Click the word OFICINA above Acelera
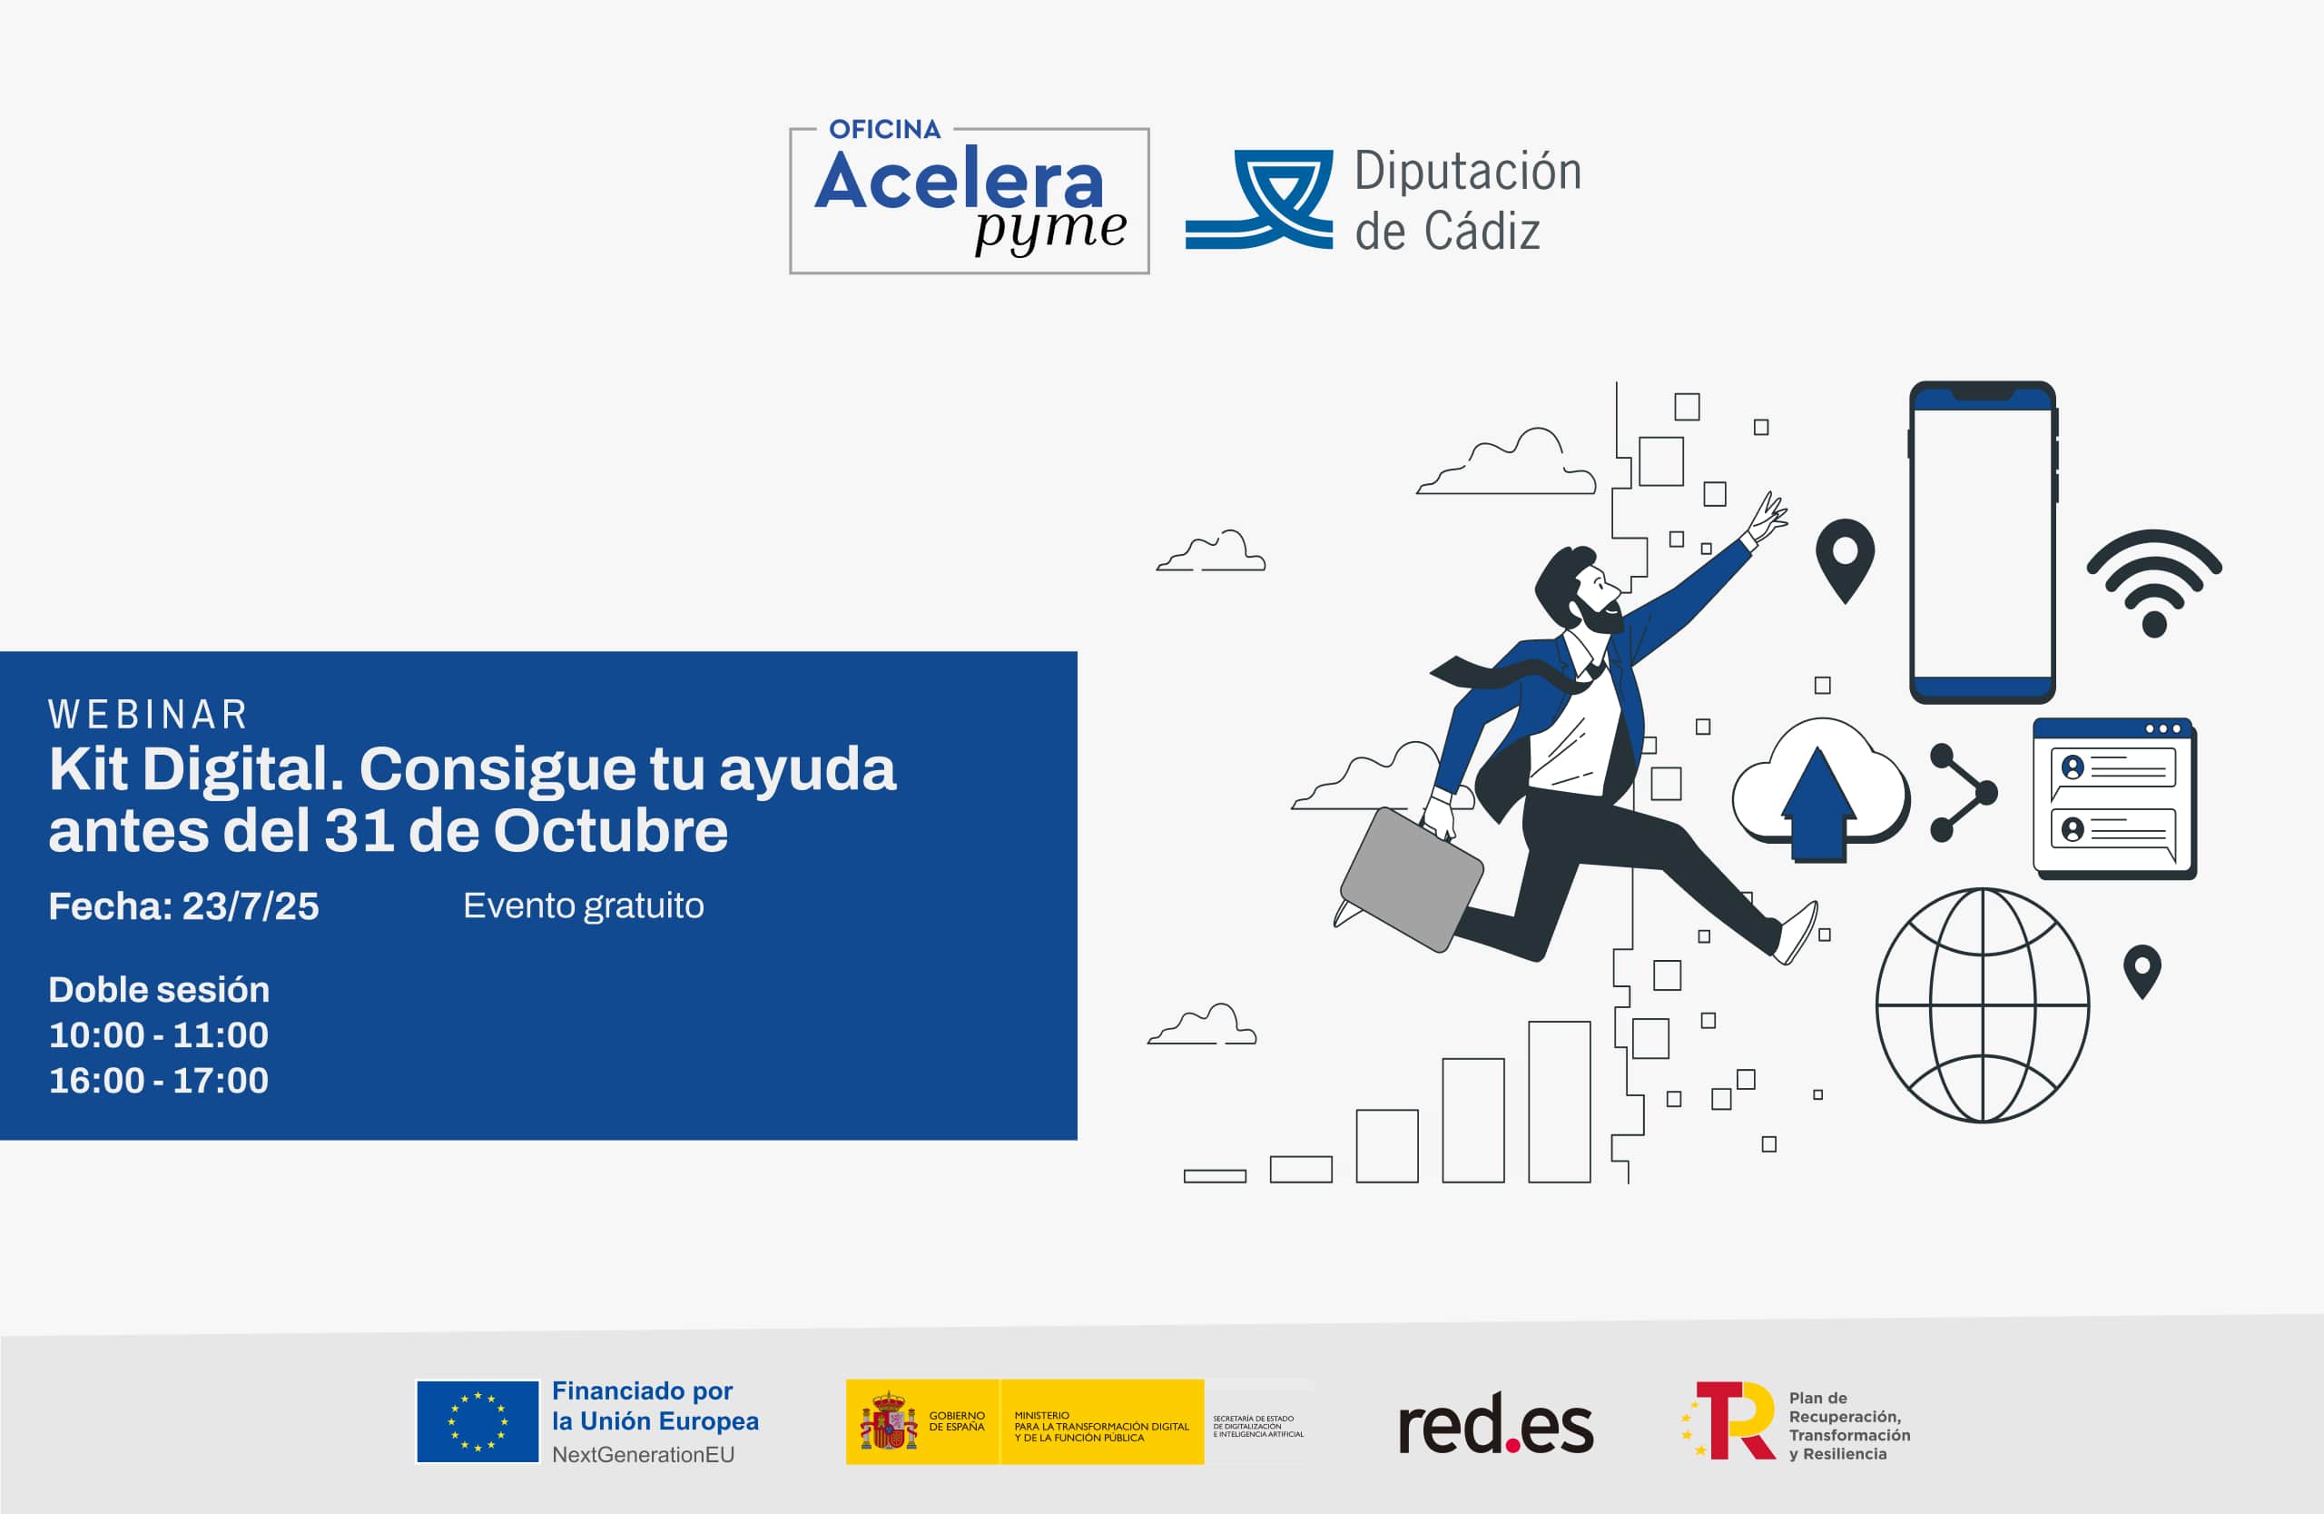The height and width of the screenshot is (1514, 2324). [x=885, y=129]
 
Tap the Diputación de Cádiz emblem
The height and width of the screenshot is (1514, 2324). [x=1260, y=199]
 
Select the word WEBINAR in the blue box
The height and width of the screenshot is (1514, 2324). [x=148, y=715]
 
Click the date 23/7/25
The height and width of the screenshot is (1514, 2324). [x=250, y=906]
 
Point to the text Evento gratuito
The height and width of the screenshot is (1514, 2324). [x=583, y=906]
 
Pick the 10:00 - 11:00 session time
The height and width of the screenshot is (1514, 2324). [x=158, y=1035]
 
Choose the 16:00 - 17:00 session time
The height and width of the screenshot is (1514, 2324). [x=158, y=1080]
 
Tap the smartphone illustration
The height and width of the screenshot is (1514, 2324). [x=1983, y=542]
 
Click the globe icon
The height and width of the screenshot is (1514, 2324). [x=1983, y=1005]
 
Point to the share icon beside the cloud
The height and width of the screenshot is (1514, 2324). [x=1961, y=792]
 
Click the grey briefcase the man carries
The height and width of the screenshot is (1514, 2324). [x=1412, y=879]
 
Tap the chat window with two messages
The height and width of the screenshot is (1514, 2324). [x=2114, y=799]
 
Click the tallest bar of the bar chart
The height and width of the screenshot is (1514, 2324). [x=1560, y=1102]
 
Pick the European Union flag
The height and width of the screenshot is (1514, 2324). [x=478, y=1421]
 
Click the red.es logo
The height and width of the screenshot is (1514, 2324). [x=1495, y=1424]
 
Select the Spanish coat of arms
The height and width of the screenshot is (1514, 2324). [x=888, y=1422]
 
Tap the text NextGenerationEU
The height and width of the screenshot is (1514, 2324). [x=643, y=1454]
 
